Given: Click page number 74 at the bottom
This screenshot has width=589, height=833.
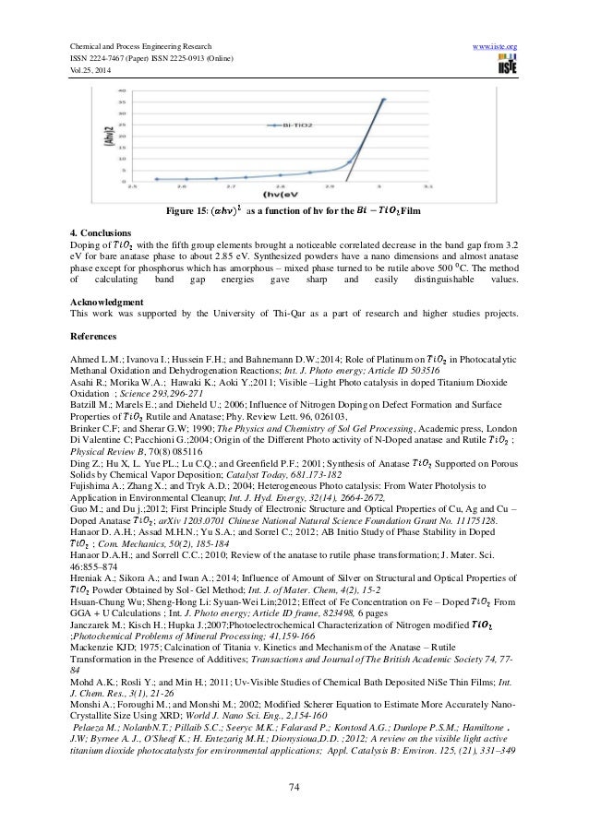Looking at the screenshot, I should [294, 786].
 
